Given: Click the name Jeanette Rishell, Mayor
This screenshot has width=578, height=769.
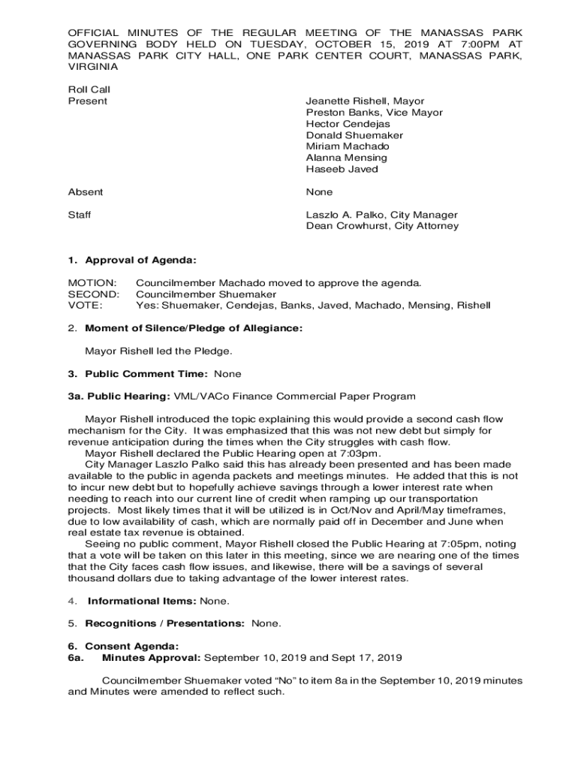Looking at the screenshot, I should coord(365,101).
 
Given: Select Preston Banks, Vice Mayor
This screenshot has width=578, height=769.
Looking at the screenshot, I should coord(374,113).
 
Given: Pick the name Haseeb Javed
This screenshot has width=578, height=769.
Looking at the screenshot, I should coord(342,169).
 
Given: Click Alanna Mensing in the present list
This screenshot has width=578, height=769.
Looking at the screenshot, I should coord(346,158).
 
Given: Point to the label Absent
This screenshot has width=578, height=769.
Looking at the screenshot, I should coord(86,192).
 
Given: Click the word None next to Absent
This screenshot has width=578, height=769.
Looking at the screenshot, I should coord(319,192).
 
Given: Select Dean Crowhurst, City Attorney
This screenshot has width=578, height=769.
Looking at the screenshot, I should coord(382,226).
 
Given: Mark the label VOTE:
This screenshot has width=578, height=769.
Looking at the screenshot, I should coord(85,306).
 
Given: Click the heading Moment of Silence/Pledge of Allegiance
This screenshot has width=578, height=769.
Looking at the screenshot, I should coord(194,328).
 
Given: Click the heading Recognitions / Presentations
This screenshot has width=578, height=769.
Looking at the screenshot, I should coord(164,623).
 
